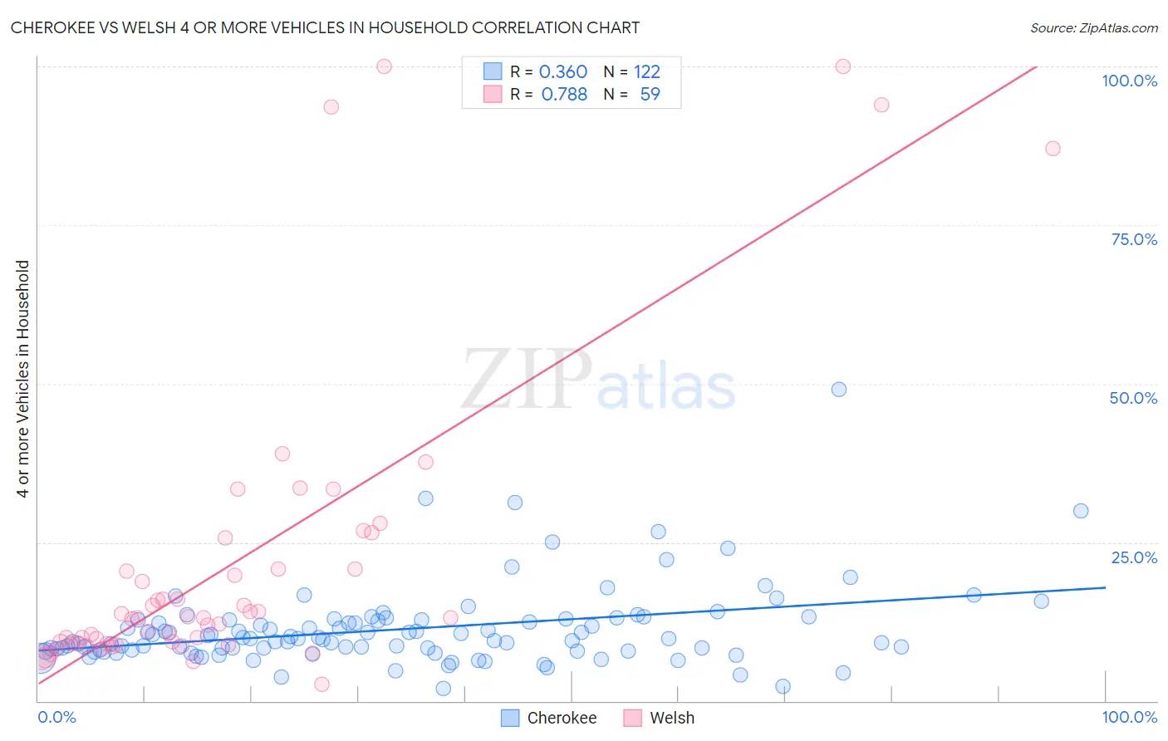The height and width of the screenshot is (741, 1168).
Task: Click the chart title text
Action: (325, 27)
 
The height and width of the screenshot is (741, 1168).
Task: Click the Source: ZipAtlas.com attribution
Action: (1093, 27)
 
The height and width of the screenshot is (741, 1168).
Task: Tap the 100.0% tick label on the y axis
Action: (1129, 81)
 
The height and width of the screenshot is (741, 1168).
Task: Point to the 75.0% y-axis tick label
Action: (1134, 239)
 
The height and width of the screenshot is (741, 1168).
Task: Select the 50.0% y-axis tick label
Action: (1133, 398)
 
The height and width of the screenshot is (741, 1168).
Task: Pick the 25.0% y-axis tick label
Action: (1134, 557)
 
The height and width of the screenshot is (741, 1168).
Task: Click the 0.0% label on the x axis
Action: (56, 717)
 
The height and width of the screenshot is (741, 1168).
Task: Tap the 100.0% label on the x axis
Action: (1129, 717)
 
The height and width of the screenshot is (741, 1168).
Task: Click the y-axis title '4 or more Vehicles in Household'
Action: (23, 379)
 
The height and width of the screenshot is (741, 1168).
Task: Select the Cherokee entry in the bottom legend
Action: (562, 718)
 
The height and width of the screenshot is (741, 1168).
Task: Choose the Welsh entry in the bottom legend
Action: (671, 718)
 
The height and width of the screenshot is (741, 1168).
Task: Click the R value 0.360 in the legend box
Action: (563, 71)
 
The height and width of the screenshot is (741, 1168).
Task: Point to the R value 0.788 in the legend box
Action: (564, 95)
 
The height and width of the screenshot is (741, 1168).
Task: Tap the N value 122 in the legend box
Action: (647, 71)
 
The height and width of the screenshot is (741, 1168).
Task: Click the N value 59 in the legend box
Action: (650, 95)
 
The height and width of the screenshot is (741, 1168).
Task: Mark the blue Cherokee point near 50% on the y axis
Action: (839, 390)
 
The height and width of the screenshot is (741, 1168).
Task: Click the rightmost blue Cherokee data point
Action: (1081, 511)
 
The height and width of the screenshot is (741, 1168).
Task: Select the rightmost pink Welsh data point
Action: (1053, 149)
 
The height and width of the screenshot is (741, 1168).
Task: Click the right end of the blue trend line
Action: (1105, 587)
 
